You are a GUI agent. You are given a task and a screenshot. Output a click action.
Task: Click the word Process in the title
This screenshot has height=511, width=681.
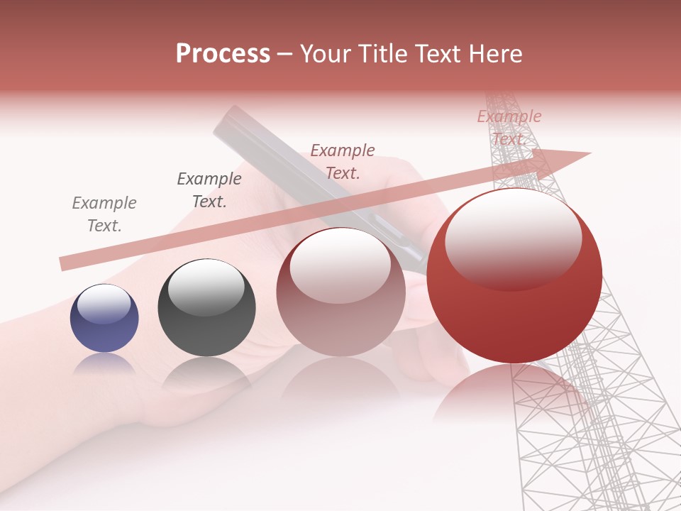click(x=223, y=53)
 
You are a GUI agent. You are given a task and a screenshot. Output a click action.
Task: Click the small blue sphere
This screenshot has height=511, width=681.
click(x=104, y=318)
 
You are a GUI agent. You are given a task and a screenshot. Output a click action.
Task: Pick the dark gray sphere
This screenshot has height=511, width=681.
click(x=206, y=307)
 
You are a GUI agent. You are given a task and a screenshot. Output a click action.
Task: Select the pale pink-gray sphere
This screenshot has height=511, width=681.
click(x=340, y=292)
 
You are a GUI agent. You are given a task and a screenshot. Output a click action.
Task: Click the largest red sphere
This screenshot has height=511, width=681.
click(x=514, y=275)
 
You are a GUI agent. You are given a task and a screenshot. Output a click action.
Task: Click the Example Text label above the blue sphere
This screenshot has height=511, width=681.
click(x=104, y=214)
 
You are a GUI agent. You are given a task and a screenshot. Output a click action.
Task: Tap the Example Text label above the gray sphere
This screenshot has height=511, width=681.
click(x=209, y=190)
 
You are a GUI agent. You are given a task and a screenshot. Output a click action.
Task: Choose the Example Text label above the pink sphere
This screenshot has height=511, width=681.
click(x=343, y=161)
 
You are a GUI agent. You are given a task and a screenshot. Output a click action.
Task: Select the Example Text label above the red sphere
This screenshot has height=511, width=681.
click(x=509, y=127)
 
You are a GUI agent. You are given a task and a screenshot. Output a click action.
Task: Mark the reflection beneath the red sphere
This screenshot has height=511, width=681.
click(x=511, y=394)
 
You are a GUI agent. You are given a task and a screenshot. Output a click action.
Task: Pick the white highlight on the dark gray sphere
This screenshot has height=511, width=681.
click(x=206, y=287)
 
